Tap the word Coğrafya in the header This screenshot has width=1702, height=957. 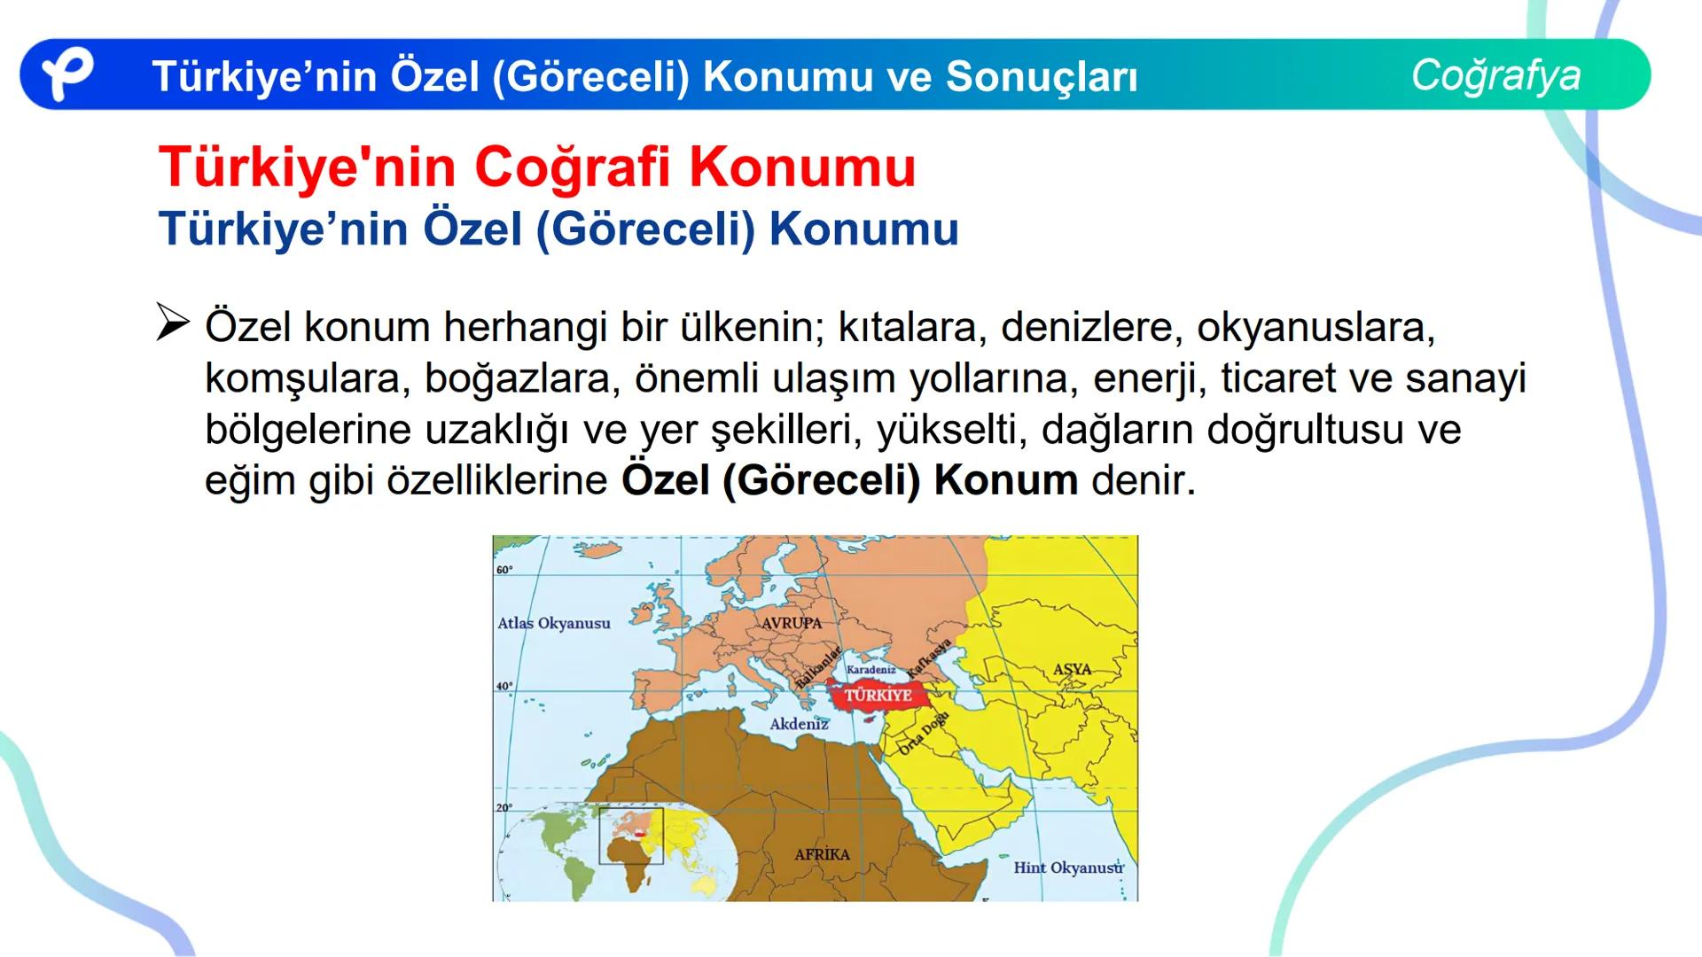click(1495, 74)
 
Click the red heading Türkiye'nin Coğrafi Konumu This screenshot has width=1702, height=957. click(537, 167)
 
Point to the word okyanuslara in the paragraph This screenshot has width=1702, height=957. click(1315, 327)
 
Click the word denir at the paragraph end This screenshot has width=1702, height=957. click(1143, 480)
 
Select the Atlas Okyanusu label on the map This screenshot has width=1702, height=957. click(554, 623)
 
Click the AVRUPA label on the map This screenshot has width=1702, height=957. click(792, 623)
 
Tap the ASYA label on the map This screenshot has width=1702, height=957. click(1072, 669)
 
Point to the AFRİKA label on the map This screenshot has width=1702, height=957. click(822, 854)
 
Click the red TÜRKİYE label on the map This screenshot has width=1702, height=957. click(878, 695)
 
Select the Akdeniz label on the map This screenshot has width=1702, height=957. click(799, 724)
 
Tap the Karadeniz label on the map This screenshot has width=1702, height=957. click(871, 670)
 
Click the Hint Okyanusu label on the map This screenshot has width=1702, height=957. click(1068, 868)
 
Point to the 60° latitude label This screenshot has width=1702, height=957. click(504, 570)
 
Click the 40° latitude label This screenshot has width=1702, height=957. click(504, 687)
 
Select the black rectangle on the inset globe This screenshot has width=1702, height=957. click(631, 836)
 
